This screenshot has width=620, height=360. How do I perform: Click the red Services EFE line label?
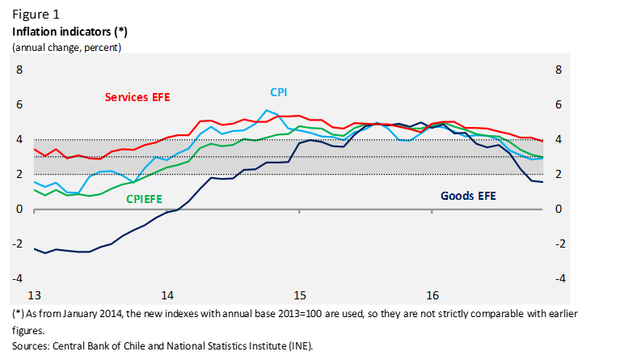pos(137,97)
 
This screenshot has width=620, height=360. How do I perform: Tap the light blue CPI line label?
pos(277,93)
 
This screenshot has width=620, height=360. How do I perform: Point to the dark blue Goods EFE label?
pos(468,196)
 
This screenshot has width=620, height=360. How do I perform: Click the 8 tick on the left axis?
pos(20,70)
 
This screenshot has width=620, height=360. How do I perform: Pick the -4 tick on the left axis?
pos(19,278)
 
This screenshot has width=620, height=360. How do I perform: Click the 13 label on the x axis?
pos(34,294)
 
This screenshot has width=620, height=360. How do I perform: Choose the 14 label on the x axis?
pos(167,294)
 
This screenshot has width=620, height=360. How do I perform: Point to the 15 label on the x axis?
pos(300,294)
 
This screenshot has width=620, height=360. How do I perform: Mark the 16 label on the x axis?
pos(432,294)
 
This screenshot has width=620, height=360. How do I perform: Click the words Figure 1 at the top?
pos(36,15)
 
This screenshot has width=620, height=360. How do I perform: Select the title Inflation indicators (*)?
pos(70,32)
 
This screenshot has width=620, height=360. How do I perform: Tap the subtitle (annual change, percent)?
pos(66,47)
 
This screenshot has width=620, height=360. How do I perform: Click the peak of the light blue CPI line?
pos(267,110)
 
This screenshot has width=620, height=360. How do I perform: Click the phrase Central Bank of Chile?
pos(93,345)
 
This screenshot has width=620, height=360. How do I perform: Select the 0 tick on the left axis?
pos(20,209)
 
